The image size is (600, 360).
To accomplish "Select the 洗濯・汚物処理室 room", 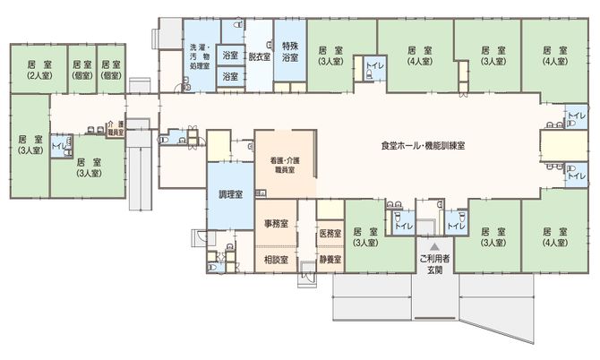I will pos(198,56).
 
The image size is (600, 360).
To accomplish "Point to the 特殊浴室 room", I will pos(289,51).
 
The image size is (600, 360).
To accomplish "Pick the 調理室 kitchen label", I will pos(230,194).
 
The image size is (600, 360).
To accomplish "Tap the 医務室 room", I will pos(330,234).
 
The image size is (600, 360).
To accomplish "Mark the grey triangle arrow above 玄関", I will pos(433,244).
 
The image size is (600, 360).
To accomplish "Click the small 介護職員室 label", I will pos(115,127).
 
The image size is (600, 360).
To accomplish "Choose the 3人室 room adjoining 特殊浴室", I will pos(332,56).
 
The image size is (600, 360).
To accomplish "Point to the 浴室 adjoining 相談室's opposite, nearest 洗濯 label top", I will pos(230,56).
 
